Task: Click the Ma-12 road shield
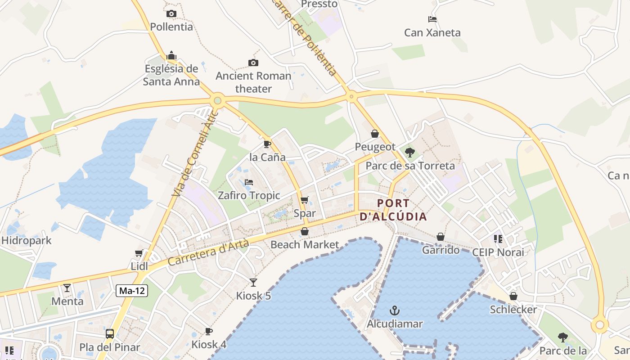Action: click(132, 291)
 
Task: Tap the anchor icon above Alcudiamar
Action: click(395, 310)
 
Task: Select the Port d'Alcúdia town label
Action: click(393, 210)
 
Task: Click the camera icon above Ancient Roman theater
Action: click(253, 63)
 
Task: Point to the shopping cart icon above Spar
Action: click(305, 200)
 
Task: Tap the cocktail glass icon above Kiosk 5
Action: click(253, 282)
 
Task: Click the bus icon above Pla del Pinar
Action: click(110, 333)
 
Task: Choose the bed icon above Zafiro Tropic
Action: click(249, 182)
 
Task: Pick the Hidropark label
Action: click(27, 240)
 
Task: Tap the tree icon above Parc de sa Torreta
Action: click(409, 152)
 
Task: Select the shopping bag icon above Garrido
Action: click(441, 237)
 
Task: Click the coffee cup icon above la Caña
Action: click(267, 144)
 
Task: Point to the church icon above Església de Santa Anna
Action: click(171, 56)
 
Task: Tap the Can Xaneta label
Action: click(432, 32)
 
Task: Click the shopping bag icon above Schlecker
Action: click(513, 296)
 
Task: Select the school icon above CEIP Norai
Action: click(498, 238)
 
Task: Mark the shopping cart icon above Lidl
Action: click(139, 253)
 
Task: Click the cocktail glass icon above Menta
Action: click(67, 288)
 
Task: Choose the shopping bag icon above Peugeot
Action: click(375, 134)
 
